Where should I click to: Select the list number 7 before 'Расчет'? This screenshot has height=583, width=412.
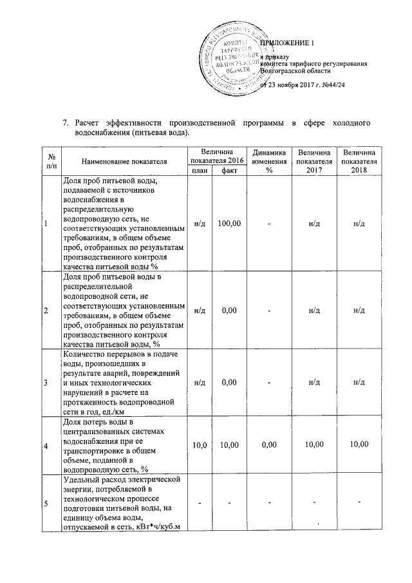(x=64, y=123)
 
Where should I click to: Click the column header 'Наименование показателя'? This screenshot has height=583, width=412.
(x=124, y=160)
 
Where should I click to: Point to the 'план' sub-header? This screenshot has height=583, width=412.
(x=200, y=170)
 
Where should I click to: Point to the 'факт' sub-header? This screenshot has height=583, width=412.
(x=229, y=170)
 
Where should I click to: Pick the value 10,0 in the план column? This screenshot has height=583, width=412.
(x=200, y=445)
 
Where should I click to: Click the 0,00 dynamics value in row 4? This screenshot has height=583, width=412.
(x=270, y=445)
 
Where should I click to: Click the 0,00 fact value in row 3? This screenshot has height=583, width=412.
(x=229, y=383)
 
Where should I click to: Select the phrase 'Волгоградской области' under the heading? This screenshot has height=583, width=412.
(x=295, y=72)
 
